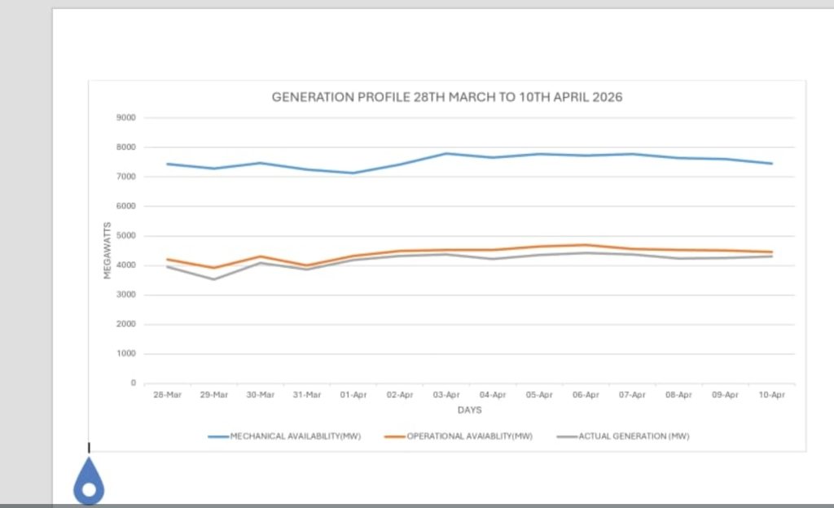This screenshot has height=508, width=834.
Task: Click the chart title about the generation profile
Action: click(x=446, y=97)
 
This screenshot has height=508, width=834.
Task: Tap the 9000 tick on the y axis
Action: click(x=126, y=118)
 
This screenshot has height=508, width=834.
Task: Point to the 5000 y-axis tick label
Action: click(x=126, y=236)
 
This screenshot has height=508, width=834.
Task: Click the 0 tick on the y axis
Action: click(x=133, y=383)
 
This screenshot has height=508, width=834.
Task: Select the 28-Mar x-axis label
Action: click(x=167, y=395)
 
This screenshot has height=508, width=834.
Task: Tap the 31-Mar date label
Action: click(x=307, y=395)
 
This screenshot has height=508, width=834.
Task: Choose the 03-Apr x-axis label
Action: click(x=446, y=395)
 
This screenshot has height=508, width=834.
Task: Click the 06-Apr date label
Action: click(x=586, y=395)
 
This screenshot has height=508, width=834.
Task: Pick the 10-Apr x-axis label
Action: click(x=771, y=395)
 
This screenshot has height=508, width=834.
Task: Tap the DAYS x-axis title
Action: click(x=469, y=409)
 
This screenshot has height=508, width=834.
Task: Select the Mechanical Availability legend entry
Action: click(x=284, y=436)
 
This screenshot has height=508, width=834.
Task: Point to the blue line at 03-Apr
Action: click(x=446, y=153)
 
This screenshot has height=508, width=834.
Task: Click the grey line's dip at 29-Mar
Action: click(x=214, y=279)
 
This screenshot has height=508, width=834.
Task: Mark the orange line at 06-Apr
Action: click(x=586, y=245)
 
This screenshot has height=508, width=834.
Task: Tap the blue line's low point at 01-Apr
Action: click(x=353, y=173)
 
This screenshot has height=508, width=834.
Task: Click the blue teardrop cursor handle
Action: click(x=89, y=484)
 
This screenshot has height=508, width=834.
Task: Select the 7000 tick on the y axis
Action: click(x=126, y=177)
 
